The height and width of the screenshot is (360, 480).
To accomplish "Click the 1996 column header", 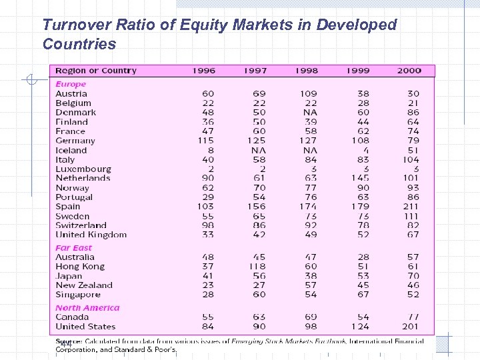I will pos(203,71).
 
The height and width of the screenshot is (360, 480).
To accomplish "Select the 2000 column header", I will pos(409,71).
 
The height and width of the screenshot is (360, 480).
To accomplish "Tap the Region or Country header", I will pos(96,71).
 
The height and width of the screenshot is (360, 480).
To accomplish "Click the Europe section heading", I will pos(71,84).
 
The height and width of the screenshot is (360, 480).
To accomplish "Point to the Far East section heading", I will pos(74,247).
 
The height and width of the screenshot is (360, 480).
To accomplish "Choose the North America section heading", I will pos(87,308).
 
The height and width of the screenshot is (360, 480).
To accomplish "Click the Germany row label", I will pos(75,141).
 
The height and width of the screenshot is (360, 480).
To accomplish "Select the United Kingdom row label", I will pos(91,235).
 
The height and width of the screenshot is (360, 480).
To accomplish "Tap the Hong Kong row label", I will pos(80,267).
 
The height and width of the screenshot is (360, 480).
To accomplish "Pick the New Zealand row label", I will pos(84,285).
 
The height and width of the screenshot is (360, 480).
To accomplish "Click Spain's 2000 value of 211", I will pos(411,207).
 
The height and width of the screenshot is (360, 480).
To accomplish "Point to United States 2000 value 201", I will pos(411,327).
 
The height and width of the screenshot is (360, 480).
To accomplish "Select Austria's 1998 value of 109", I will pos(309,94).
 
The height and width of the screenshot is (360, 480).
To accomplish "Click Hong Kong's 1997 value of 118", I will pos(257,267).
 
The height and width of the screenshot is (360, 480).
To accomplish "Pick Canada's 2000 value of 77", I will pos(413,317).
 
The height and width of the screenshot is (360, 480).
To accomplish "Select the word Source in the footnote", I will pos(65,341).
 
